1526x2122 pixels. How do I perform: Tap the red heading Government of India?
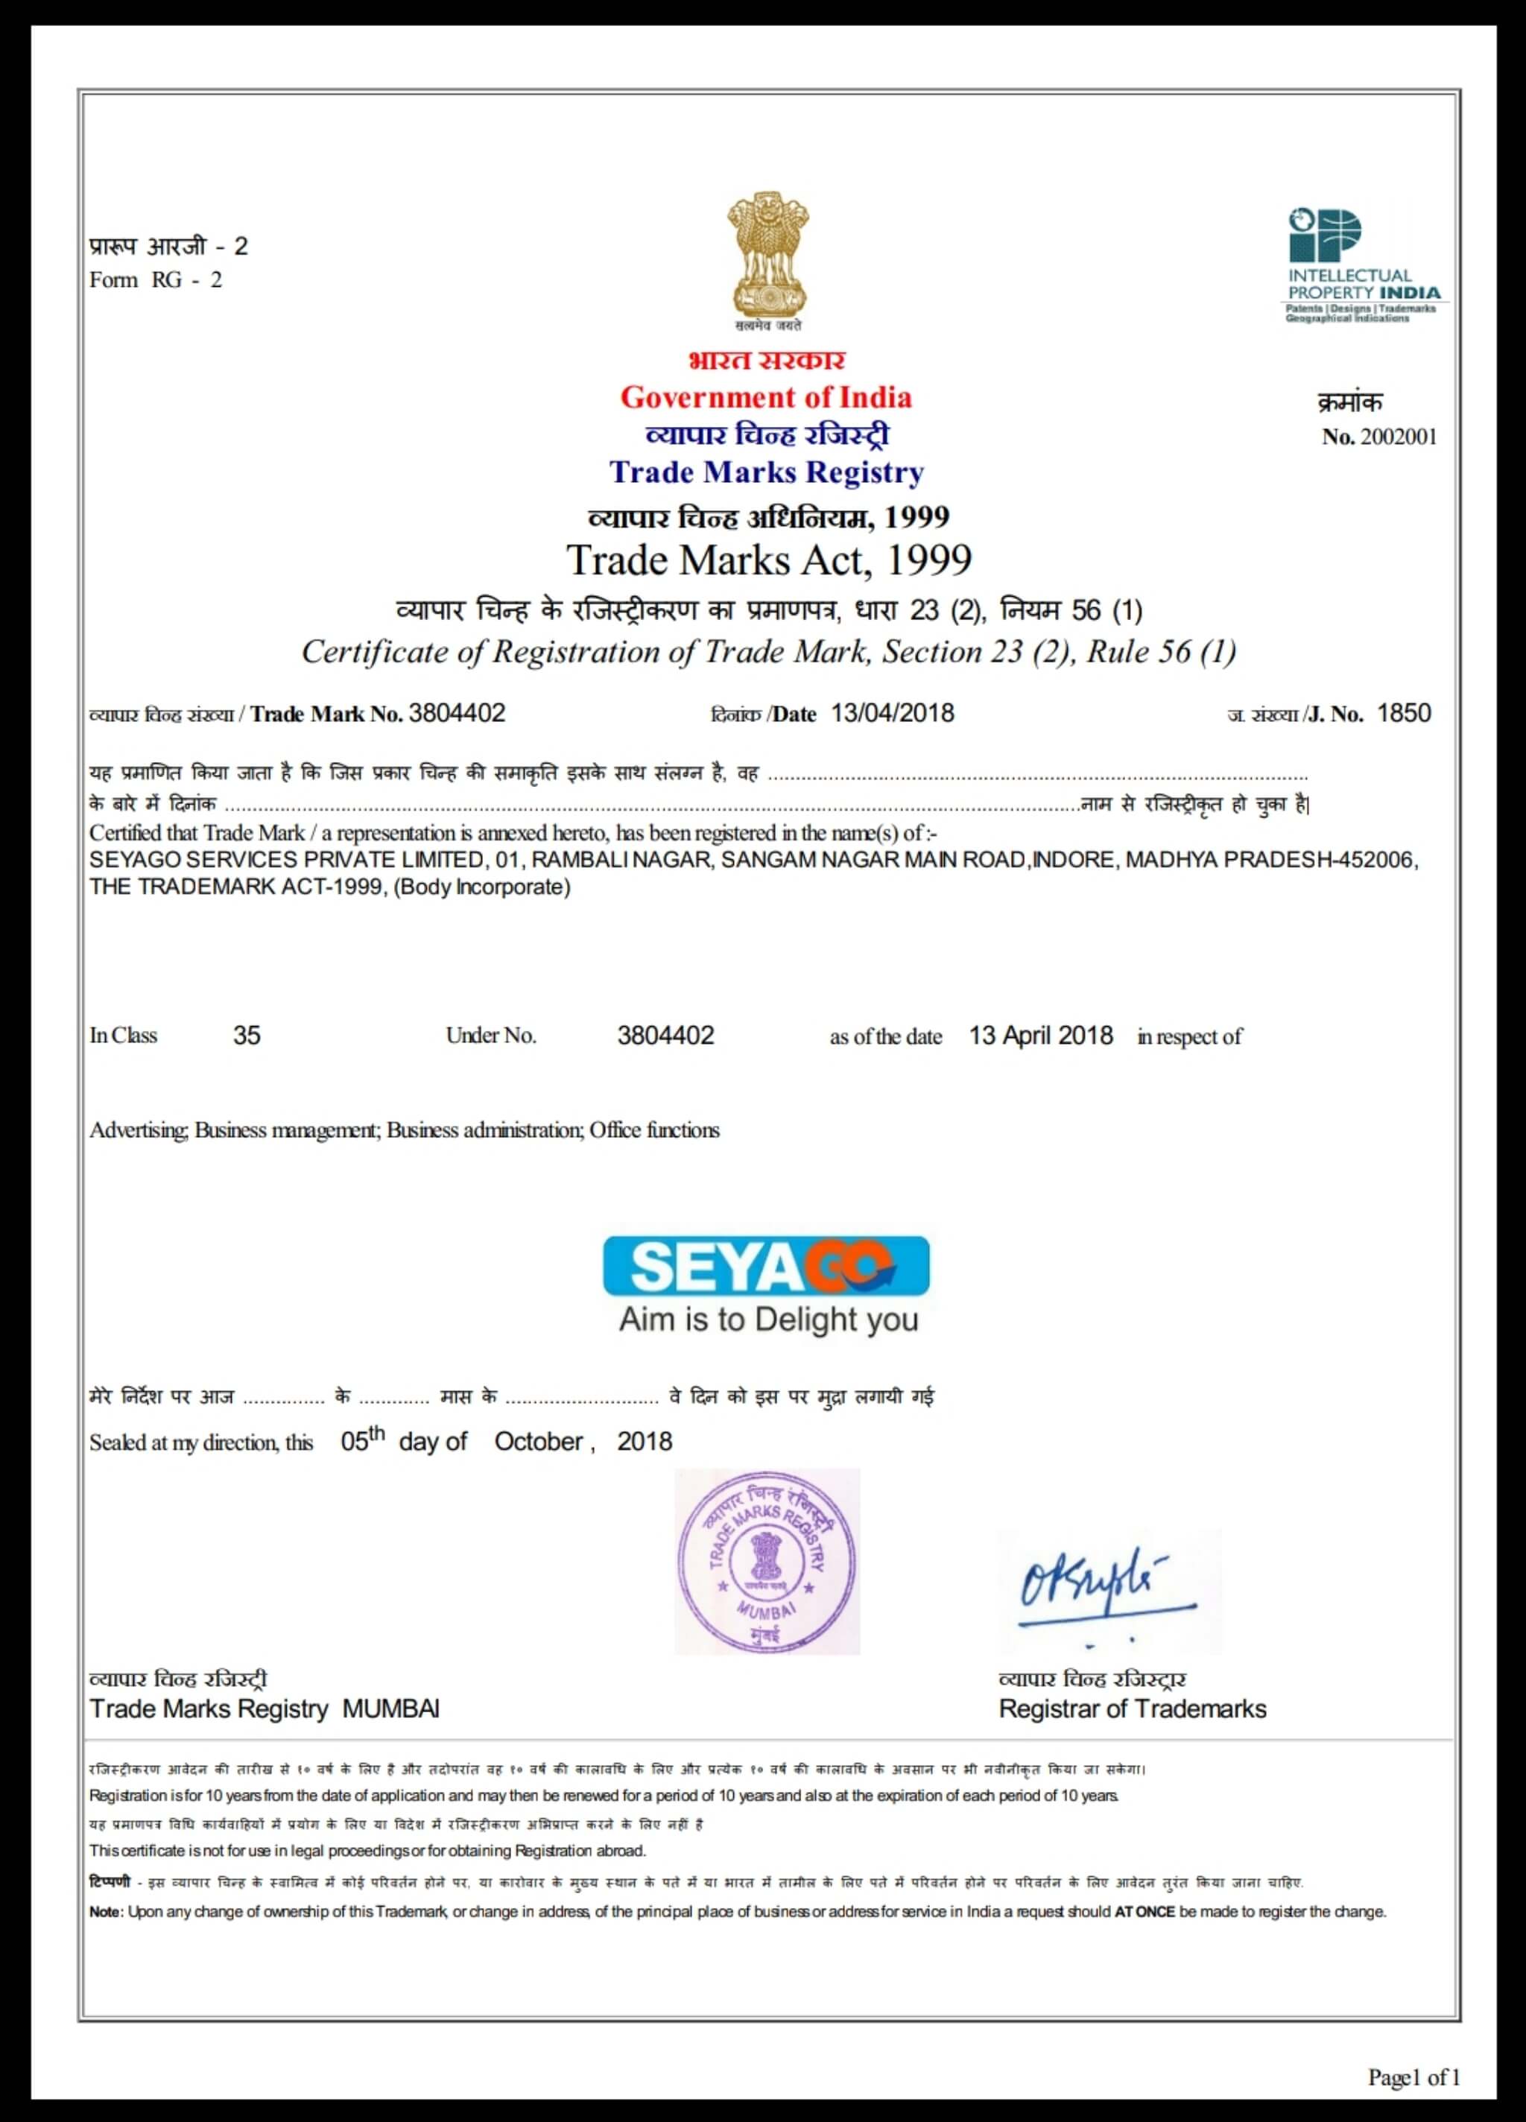click(765, 398)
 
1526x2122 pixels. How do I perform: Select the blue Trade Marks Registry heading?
click(766, 472)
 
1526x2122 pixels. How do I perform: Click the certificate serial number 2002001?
click(1398, 437)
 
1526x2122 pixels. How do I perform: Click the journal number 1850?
click(1404, 713)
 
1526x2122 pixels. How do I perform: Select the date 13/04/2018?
click(893, 713)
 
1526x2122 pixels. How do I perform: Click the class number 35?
click(247, 1035)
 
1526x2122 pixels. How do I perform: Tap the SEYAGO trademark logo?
click(765, 1266)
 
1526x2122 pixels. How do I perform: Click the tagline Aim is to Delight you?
click(768, 1320)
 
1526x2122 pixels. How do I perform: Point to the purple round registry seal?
click(766, 1562)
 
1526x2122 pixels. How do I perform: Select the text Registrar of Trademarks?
click(1132, 1708)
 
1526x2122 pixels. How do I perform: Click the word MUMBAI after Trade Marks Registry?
click(391, 1708)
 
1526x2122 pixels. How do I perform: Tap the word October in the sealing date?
click(539, 1442)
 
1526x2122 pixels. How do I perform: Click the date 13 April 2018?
click(1040, 1036)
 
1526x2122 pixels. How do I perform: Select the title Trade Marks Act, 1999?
click(769, 560)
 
